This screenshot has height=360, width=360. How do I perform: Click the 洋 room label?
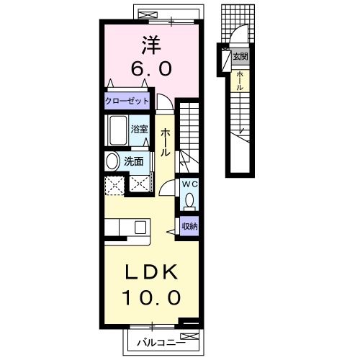point(151,45)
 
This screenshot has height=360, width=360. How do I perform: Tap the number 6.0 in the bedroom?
point(151,68)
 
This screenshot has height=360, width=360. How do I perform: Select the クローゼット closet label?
point(127,101)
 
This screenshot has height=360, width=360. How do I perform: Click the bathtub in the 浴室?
point(118,130)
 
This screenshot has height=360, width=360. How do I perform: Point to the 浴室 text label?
point(139,130)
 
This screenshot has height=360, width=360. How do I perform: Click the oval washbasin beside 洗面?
point(112,161)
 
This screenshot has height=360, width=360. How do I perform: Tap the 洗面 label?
point(134,161)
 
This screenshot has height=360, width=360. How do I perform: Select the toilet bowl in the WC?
point(190,199)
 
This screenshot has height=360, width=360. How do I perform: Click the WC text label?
point(189,184)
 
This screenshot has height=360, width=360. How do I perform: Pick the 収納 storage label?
point(189,226)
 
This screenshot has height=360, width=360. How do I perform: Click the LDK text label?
point(151,272)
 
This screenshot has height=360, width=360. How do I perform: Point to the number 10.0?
point(151,297)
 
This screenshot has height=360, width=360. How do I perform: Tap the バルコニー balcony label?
point(161,343)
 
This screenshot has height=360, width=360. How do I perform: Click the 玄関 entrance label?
point(240,57)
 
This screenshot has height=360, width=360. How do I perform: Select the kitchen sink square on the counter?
point(140,228)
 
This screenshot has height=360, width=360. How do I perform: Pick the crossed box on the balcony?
point(189,336)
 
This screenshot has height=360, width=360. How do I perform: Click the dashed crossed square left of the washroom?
point(114,186)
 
